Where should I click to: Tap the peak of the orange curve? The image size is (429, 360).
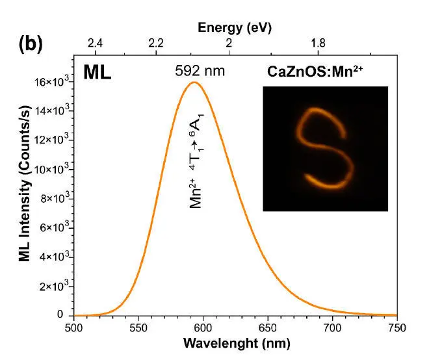(193, 82)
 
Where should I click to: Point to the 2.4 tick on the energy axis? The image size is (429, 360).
(96, 43)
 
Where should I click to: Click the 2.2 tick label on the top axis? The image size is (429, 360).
(155, 43)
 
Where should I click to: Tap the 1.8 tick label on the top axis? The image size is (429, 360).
(318, 43)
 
